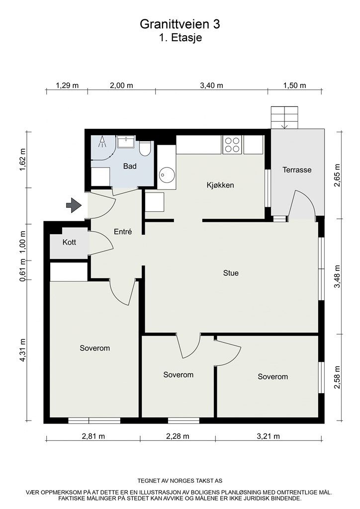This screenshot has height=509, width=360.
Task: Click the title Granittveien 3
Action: tap(180, 23)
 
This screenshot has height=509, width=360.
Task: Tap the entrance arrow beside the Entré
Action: tap(74, 205)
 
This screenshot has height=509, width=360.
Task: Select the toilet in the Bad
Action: tap(145, 148)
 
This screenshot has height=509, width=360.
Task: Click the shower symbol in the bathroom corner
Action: tap(103, 142)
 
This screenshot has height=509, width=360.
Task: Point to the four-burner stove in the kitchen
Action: tap(232, 144)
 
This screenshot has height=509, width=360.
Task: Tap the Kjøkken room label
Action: tap(220, 185)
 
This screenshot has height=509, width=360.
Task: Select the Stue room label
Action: tap(231, 273)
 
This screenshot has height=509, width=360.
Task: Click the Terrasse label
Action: tap(297, 170)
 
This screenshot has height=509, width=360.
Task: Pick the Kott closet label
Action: tap(69, 243)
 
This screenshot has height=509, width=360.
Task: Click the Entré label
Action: tap(123, 232)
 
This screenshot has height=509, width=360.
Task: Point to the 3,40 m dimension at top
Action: tap(211, 85)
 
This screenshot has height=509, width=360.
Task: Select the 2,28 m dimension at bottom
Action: tap(178, 436)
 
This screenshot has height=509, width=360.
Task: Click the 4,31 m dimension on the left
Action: tap(23, 351)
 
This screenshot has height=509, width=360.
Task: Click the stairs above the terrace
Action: tap(285, 118)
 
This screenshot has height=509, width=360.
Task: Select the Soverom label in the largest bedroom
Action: tap(94, 348)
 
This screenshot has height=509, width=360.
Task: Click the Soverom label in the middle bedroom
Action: tap(178, 375)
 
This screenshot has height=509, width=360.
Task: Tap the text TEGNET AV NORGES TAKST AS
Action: tap(180, 481)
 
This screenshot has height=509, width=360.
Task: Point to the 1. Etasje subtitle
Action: tap(180, 38)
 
